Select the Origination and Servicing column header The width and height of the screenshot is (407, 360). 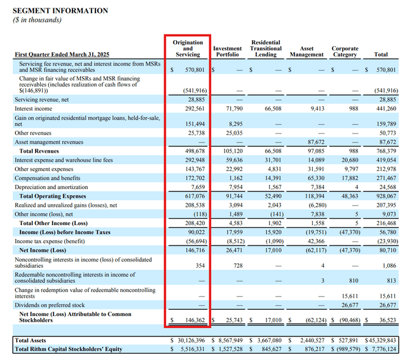[188, 48]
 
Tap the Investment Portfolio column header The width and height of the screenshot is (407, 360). [227, 52]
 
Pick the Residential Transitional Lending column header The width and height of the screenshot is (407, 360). [266, 48]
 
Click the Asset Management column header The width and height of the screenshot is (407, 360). [307, 52]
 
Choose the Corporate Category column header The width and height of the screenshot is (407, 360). [345, 52]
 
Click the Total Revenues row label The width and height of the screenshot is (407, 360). [40, 151]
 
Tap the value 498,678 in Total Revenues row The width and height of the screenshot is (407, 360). [194, 151]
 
